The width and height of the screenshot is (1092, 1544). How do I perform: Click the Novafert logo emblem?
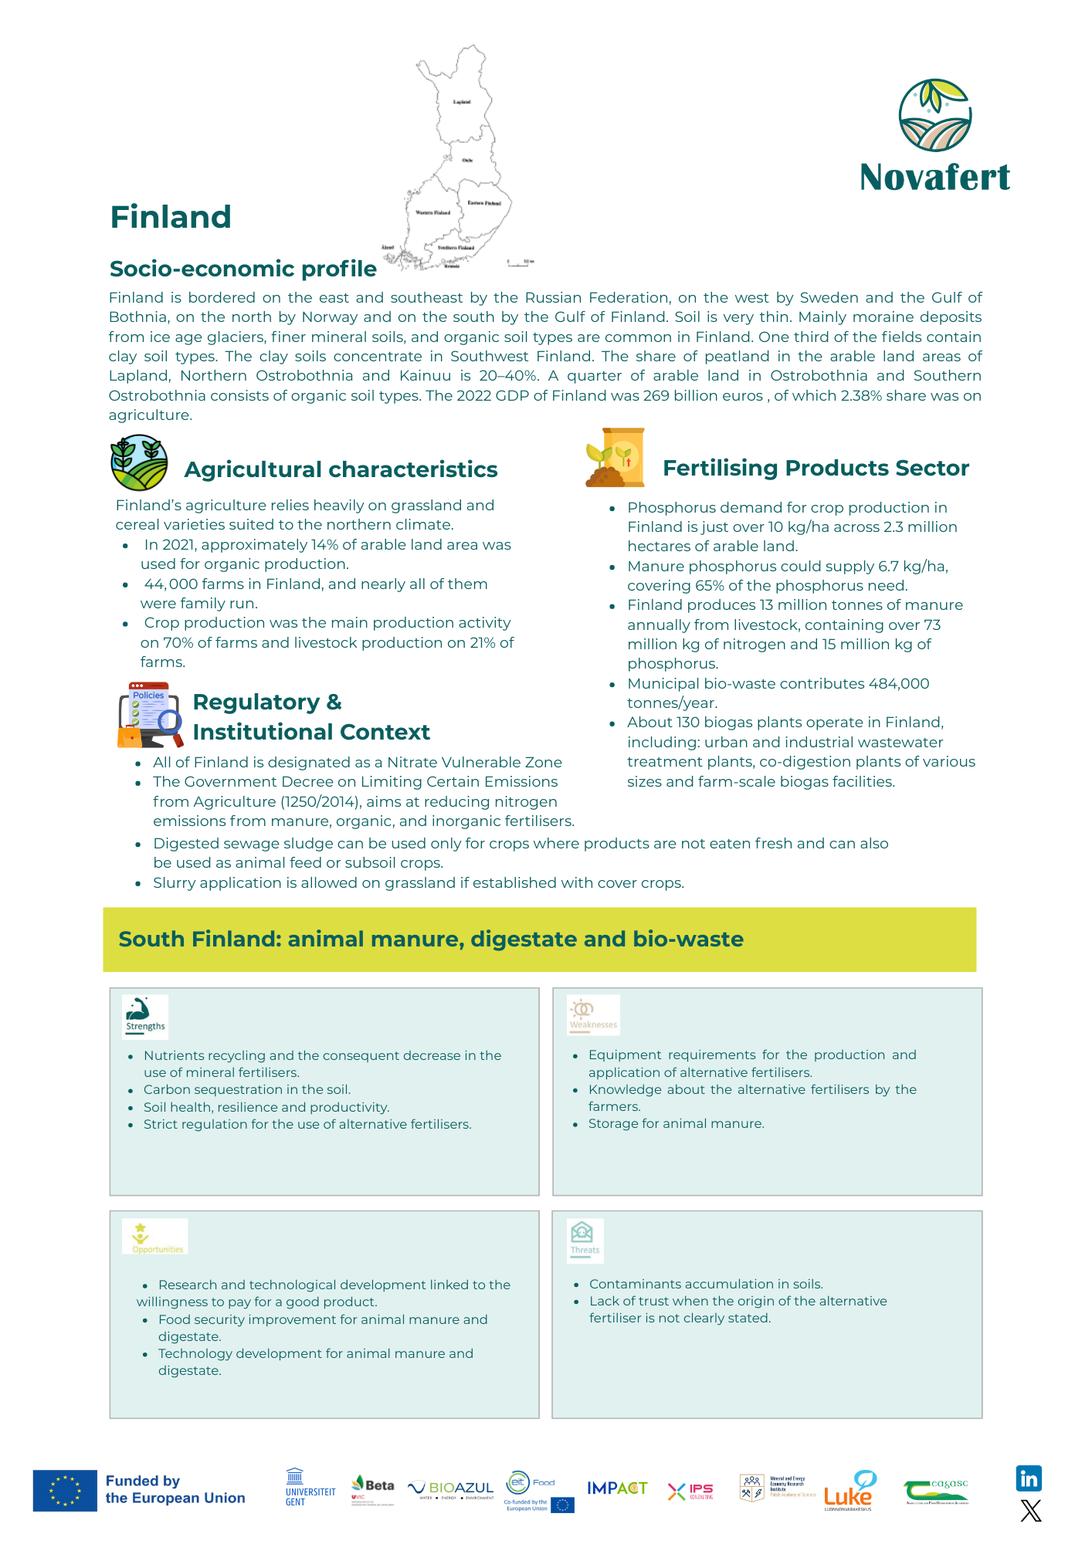[934, 116]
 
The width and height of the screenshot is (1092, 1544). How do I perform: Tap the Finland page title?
[171, 217]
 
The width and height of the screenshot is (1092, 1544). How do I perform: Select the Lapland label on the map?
[461, 102]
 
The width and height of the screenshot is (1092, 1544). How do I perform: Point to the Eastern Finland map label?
[484, 203]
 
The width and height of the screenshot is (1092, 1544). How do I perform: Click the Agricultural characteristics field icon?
[139, 462]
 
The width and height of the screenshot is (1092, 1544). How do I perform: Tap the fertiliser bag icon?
[616, 458]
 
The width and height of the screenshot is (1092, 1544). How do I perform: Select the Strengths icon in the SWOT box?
[145, 1016]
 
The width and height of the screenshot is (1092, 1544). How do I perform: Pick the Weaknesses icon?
[593, 1014]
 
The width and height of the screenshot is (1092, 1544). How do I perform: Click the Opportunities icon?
[155, 1237]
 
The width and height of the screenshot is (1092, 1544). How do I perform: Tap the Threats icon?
[584, 1238]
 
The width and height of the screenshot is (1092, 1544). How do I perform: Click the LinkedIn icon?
[1029, 1478]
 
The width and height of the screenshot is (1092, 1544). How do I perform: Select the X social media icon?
[1030, 1511]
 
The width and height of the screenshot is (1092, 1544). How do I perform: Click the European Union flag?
[65, 1490]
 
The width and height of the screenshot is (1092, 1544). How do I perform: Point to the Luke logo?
[849, 1491]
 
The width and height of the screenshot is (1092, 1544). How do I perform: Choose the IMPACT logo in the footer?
[617, 1488]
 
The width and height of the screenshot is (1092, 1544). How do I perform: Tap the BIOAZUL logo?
[452, 1488]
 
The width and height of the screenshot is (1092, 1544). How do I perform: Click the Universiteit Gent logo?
[310, 1488]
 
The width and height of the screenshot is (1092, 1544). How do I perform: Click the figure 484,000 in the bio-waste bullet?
[899, 683]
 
